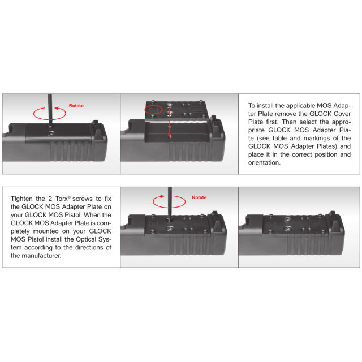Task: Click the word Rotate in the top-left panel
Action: (76, 106)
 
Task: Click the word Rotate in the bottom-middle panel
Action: (199, 197)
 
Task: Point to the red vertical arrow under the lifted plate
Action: (169, 126)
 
